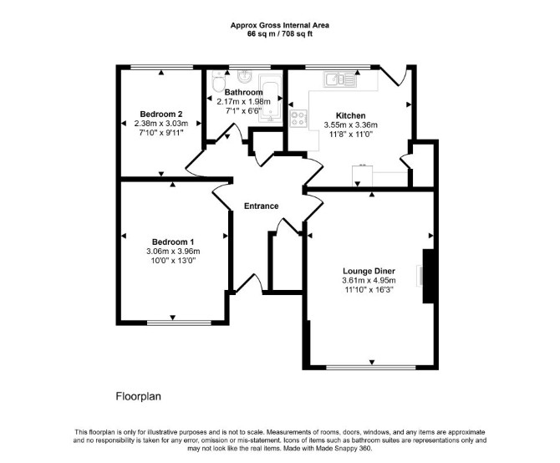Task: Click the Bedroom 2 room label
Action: (x=161, y=114)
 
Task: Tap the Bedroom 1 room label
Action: (x=173, y=242)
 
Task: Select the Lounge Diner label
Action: (x=369, y=271)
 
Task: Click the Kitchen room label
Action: (x=351, y=115)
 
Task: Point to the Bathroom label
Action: (x=243, y=93)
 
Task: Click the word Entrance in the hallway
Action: (x=261, y=206)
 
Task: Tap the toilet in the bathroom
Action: (x=216, y=81)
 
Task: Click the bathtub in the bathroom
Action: (x=270, y=99)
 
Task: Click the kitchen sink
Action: (x=340, y=79)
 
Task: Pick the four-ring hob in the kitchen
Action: (x=298, y=119)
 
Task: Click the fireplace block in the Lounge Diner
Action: (x=428, y=277)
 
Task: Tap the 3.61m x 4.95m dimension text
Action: (x=369, y=281)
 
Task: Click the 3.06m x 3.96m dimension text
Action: (x=173, y=252)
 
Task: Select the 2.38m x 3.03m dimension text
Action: (x=161, y=124)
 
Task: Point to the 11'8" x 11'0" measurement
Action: (x=351, y=135)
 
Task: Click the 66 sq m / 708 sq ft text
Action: (x=280, y=34)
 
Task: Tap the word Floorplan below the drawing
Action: (x=139, y=397)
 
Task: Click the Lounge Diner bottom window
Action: (x=371, y=367)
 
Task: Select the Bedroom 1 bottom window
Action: (x=180, y=323)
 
